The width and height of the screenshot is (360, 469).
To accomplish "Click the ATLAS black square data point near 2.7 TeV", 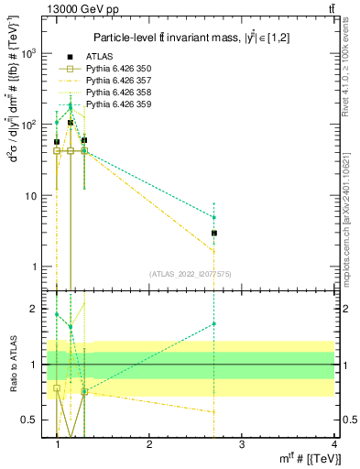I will click(213, 234).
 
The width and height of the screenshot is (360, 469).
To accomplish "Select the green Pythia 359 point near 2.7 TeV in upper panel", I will click(213, 218).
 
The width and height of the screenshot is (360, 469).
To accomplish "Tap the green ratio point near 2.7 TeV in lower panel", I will click(213, 323).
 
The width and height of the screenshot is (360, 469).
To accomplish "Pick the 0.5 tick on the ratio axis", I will click(31, 420).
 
